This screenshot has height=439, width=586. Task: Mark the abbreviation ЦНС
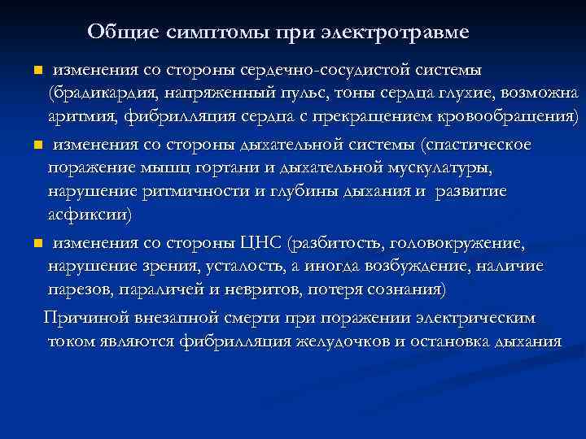pos(259,242)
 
